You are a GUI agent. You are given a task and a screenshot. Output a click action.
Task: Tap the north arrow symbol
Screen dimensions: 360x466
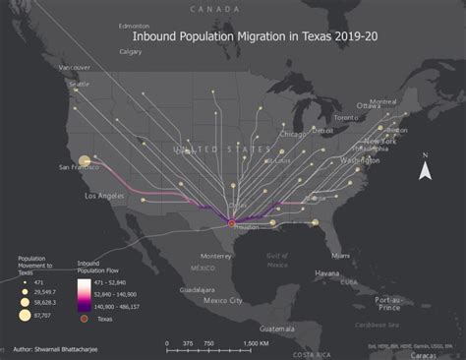point(425,169)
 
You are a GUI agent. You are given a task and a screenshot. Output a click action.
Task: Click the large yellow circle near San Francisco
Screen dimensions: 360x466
point(85,160)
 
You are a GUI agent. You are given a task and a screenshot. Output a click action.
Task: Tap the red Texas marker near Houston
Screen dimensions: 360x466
point(232,223)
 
